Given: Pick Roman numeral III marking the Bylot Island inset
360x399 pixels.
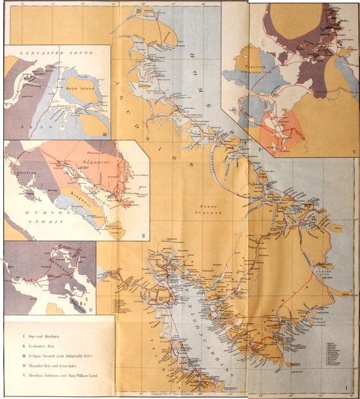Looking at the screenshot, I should (106, 134).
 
